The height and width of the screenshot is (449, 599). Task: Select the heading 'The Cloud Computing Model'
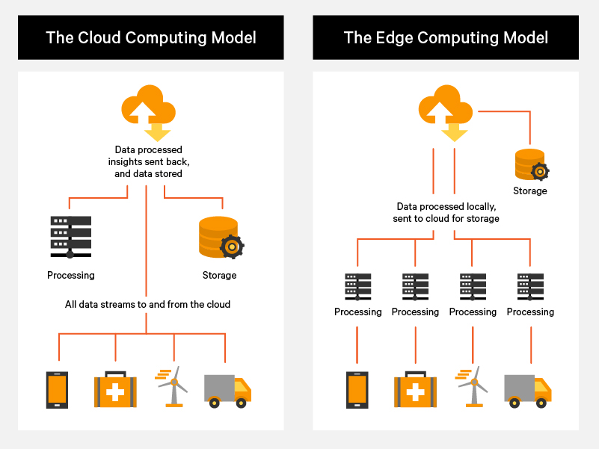coord(151,37)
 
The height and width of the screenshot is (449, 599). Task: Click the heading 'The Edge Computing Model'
coord(446,37)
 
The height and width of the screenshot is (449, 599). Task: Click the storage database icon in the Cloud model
coord(218,238)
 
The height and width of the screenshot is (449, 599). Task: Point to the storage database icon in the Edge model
coord(531,165)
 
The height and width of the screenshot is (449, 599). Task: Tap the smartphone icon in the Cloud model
coord(57,390)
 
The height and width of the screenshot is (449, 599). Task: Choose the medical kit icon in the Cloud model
coord(115,389)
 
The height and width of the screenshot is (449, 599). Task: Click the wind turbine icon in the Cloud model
coord(173,386)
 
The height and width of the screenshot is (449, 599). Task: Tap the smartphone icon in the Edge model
coord(357,390)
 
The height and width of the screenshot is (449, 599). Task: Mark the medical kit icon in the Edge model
coord(415,389)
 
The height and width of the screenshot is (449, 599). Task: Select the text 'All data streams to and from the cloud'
coord(148,304)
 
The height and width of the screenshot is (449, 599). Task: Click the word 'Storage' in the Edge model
coord(530,191)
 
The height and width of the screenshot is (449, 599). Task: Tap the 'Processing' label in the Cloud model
coord(71,275)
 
